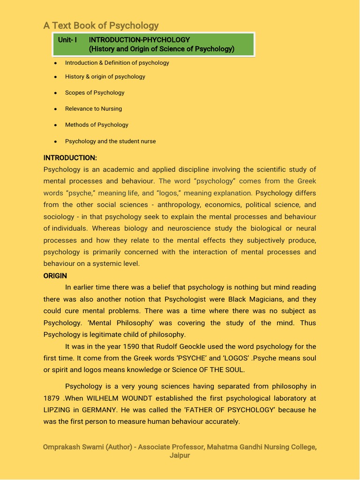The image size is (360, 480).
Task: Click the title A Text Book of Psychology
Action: [101, 25]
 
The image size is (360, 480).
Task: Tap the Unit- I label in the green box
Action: [67, 40]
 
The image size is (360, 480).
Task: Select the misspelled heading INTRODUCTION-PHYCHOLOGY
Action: [139, 40]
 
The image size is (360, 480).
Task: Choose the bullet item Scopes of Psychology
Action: [95, 92]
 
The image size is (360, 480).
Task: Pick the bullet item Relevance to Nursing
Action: [93, 109]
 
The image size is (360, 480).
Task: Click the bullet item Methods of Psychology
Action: [97, 125]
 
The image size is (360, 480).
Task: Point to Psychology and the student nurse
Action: [110, 141]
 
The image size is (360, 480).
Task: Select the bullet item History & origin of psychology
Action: [105, 76]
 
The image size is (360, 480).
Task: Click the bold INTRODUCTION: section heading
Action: [70, 157]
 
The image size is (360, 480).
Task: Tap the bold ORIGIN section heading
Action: [55, 276]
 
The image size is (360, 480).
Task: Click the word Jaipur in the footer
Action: [180, 455]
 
